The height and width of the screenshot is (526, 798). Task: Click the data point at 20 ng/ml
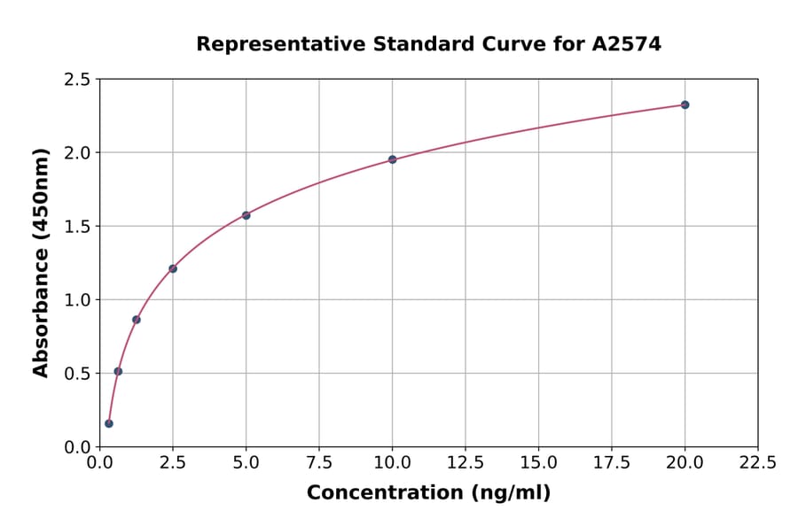click(x=685, y=104)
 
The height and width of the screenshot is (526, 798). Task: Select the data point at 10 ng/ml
click(x=392, y=159)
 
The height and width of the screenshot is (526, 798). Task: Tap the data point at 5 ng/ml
click(x=246, y=215)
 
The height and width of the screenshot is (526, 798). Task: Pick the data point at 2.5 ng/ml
click(x=173, y=268)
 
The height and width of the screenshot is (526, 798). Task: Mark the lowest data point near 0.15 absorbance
click(x=109, y=423)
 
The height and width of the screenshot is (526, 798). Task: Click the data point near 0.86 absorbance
click(x=137, y=320)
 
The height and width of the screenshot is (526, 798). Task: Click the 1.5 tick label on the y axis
click(x=77, y=227)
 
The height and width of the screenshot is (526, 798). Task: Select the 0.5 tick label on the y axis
click(x=77, y=374)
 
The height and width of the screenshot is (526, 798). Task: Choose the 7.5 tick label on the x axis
click(x=319, y=463)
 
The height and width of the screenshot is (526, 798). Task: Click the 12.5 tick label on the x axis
click(x=465, y=463)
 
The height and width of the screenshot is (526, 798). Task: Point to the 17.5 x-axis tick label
click(x=611, y=463)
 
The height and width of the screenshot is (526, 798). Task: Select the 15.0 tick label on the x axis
click(x=538, y=463)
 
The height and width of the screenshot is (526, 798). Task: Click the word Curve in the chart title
click(x=515, y=44)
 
